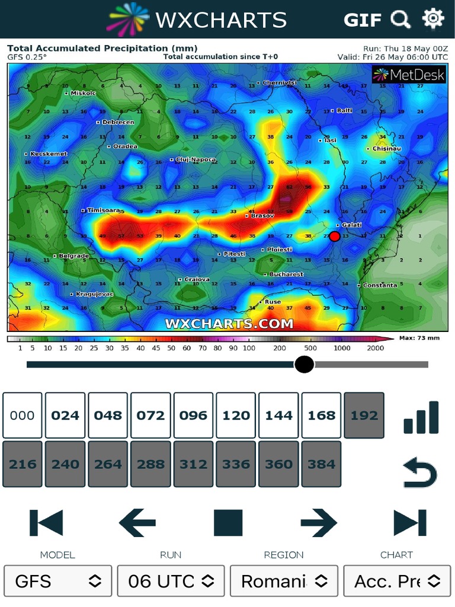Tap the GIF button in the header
362,20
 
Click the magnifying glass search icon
401,20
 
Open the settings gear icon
433,19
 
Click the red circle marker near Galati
334,237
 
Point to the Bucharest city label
286,274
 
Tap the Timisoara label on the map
103,210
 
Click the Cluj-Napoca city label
196,159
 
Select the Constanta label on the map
380,285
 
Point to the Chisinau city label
386,149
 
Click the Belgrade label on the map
73,256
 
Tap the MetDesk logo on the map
408,74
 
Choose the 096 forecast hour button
193,415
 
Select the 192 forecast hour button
364,415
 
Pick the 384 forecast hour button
321,464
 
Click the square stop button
228,523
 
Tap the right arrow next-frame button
319,523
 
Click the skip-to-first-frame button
46,523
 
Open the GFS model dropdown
57,581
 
